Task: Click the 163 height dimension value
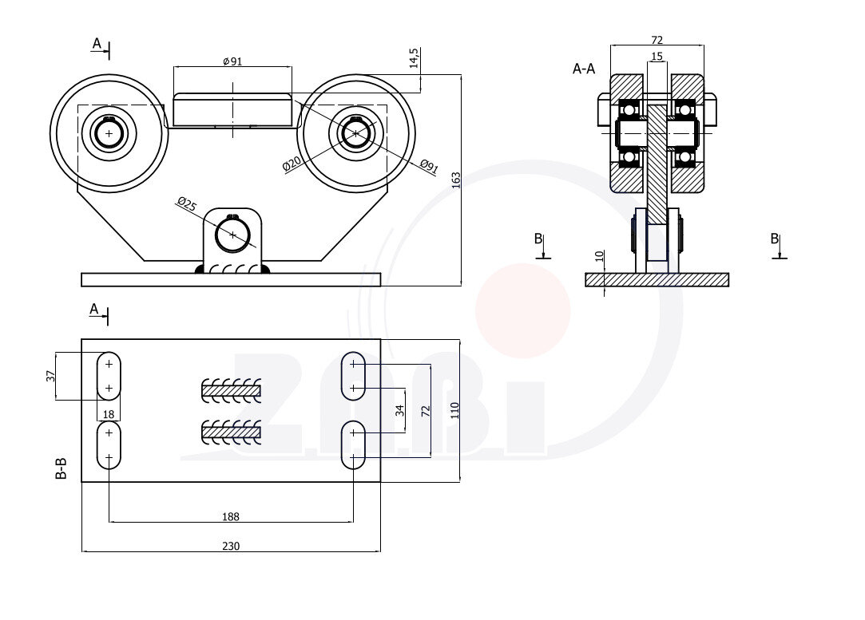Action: [x=456, y=180]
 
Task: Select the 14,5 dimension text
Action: [x=414, y=58]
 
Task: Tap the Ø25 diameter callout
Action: [x=186, y=204]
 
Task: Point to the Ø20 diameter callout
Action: [x=291, y=164]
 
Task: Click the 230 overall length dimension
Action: [x=230, y=546]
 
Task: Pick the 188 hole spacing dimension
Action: [x=230, y=516]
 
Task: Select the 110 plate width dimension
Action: [x=454, y=410]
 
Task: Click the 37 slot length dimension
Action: [x=50, y=376]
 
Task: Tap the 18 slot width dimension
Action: [x=109, y=413]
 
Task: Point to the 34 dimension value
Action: [x=400, y=410]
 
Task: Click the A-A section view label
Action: [x=584, y=69]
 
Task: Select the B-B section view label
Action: [x=61, y=468]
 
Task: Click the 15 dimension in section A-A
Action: [x=657, y=57]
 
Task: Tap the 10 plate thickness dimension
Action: [x=600, y=258]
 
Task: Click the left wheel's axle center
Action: [x=109, y=132]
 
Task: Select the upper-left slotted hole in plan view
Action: [x=109, y=375]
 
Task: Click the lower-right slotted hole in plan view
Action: [x=353, y=445]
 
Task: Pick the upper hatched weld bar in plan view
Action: [x=231, y=390]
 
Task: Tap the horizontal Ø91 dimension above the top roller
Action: [x=232, y=62]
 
